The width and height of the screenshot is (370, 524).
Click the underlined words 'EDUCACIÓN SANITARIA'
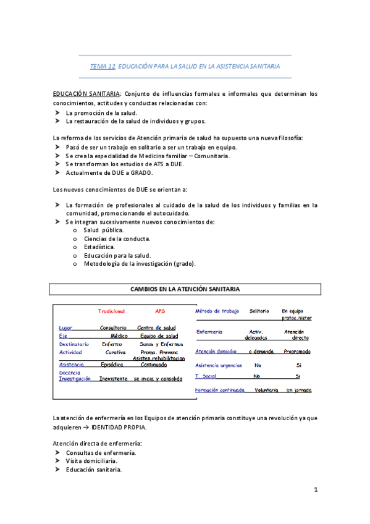click(86, 94)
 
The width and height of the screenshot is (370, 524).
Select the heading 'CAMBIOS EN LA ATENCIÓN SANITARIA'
click(185, 289)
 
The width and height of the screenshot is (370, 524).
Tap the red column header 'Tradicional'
click(112, 311)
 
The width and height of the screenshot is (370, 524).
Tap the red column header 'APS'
click(160, 311)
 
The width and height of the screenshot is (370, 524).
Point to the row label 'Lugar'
click(65, 327)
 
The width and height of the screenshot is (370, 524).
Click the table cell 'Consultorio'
click(113, 327)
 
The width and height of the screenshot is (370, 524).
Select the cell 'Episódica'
click(114, 365)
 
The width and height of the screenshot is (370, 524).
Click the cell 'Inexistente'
click(113, 378)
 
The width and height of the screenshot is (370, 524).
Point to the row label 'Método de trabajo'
click(217, 311)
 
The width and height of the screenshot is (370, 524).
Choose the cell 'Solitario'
click(259, 311)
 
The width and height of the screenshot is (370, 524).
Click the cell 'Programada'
click(298, 352)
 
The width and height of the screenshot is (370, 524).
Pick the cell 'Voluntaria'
click(266, 391)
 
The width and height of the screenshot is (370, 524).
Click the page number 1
click(315, 490)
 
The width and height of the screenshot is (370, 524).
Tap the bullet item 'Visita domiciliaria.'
click(91, 461)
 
